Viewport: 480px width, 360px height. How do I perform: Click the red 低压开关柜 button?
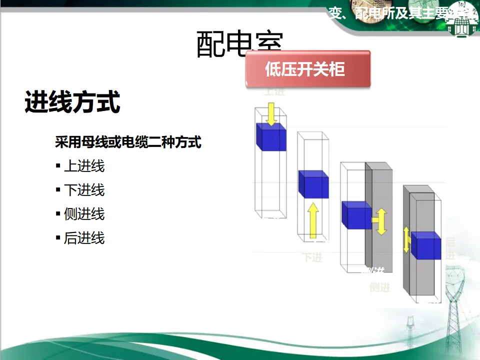coord(307,69)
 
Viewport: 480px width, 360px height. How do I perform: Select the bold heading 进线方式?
coord(72,102)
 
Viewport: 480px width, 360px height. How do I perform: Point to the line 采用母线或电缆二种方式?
coord(128,142)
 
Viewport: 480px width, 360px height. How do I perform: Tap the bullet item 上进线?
coord(84,166)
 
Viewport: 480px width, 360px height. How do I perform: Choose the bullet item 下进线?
coord(84,190)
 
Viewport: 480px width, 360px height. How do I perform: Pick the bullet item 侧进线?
coord(84,214)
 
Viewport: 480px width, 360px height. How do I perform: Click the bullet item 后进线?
coord(84,238)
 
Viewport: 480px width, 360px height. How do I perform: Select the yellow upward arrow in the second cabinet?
coord(313,219)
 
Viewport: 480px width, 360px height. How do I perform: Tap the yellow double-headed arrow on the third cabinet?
coord(381,221)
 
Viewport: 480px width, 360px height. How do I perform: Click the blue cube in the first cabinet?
coord(271,136)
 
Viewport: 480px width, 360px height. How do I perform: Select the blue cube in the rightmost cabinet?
coord(426,246)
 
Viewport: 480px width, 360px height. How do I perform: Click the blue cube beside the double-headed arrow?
coord(356,215)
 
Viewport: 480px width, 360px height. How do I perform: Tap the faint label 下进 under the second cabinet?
coord(312,257)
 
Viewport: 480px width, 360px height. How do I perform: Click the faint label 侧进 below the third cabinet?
coord(380,287)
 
